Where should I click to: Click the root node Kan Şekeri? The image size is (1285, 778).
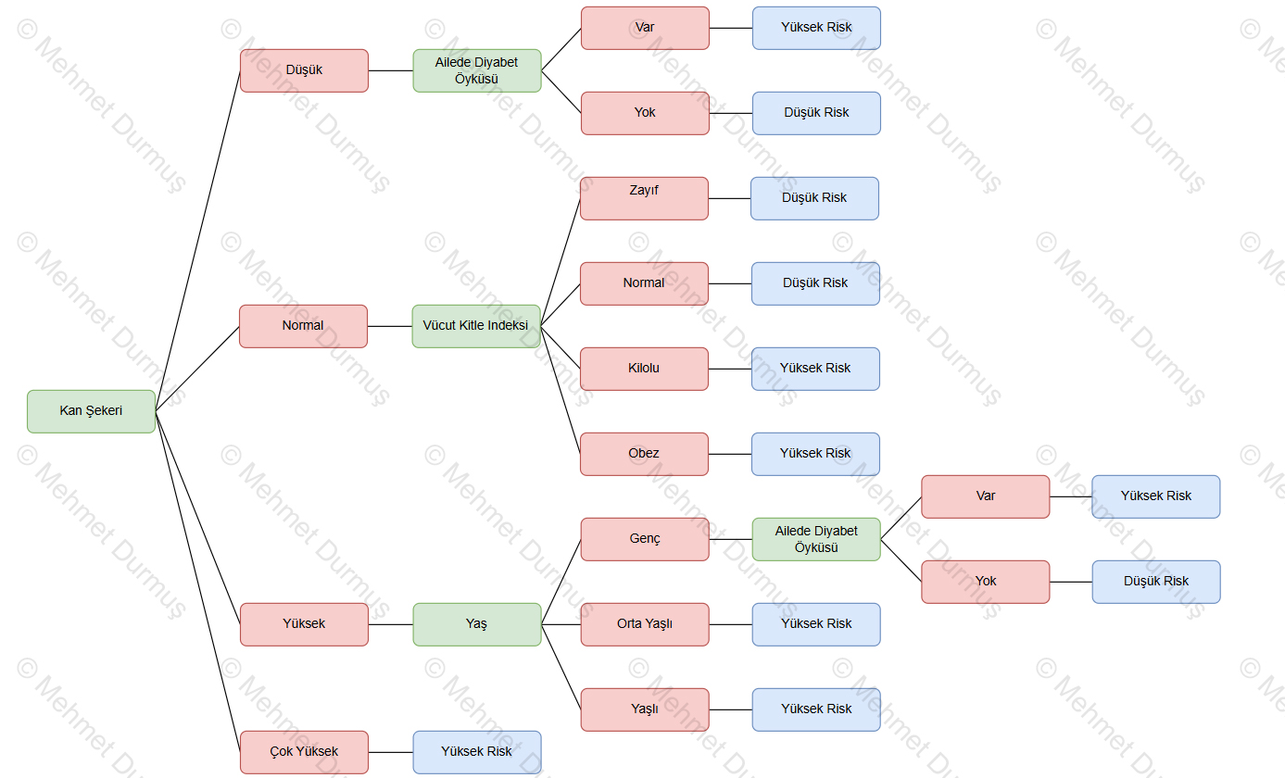[91, 411]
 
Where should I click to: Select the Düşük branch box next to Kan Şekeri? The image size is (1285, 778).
[304, 70]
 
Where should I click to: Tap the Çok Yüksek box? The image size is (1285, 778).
[304, 752]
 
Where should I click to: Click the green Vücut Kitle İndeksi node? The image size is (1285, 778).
[476, 326]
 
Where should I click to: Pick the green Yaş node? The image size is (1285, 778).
[476, 624]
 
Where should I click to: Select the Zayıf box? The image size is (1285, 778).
[644, 198]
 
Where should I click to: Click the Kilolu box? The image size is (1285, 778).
[644, 369]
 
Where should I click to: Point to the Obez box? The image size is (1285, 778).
[644, 454]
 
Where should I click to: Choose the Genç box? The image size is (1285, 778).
[645, 539]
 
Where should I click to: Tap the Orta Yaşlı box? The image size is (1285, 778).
[645, 624]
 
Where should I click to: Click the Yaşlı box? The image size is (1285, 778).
[645, 709]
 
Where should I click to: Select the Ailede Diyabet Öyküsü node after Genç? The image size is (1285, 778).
[816, 539]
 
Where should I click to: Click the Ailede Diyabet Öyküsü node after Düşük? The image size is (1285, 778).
[476, 70]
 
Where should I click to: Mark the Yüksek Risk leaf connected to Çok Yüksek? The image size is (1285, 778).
[476, 752]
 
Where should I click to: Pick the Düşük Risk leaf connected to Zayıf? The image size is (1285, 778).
[814, 198]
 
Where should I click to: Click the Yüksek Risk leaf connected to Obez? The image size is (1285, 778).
[815, 454]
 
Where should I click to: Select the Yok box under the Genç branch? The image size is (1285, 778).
[986, 582]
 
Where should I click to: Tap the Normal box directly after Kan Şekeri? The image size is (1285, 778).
[303, 326]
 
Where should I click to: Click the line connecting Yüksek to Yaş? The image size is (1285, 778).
[390, 624]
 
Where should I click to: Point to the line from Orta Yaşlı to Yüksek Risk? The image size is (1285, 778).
[730, 624]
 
